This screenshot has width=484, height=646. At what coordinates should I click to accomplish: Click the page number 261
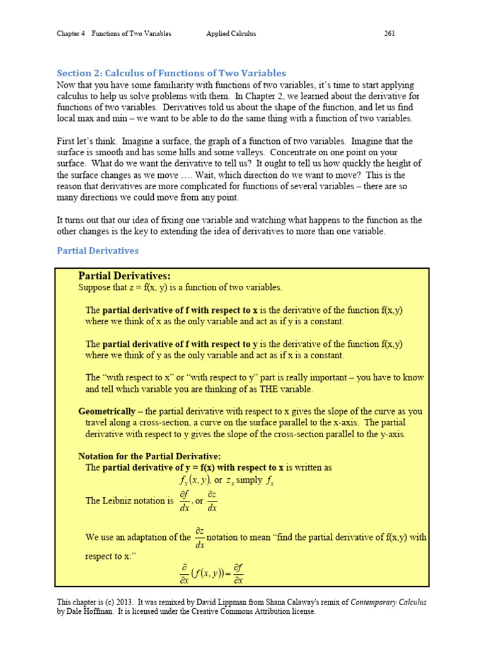389,33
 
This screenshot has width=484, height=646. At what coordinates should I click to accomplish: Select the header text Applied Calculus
231,33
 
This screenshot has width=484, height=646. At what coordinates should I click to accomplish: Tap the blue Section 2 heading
171,73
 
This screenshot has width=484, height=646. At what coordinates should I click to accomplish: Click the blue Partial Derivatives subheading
98,250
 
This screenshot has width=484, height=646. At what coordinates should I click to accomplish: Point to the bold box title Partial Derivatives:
124,276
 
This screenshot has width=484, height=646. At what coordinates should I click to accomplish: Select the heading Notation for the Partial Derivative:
149,455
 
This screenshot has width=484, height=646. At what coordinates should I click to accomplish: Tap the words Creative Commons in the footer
240,611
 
